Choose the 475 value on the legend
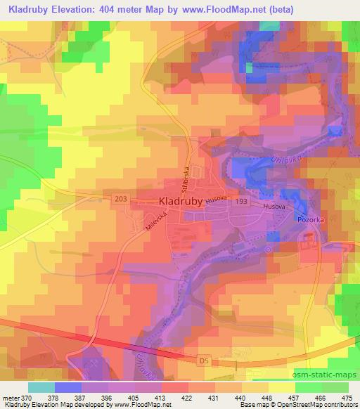tap(347, 397)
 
